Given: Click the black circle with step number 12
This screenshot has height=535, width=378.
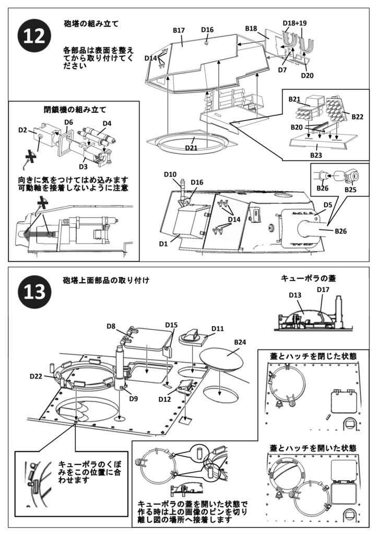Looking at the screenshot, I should point(34,37).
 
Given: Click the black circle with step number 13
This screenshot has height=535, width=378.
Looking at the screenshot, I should point(34,291).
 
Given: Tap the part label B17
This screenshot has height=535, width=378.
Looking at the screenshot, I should point(179,30).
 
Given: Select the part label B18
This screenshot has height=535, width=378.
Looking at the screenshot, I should point(251,28).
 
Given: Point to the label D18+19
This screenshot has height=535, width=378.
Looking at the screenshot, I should point(294,24).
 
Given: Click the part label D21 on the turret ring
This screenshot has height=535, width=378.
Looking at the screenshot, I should point(192,148).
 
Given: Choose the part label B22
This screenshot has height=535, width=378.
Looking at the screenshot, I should point(357,116).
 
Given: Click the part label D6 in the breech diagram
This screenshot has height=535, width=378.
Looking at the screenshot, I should point(68,123).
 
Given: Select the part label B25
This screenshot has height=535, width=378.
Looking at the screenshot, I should point(350,190).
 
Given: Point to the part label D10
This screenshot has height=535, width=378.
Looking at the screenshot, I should point(170,173).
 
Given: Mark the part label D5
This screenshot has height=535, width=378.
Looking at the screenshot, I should point(328,205).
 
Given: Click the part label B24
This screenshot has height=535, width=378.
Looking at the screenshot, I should point(240,342).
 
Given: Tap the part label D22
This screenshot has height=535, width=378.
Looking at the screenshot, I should point(36,376).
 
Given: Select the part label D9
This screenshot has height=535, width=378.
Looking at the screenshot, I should point(134,399).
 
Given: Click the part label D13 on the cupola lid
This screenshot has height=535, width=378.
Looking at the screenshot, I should point(296,295).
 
